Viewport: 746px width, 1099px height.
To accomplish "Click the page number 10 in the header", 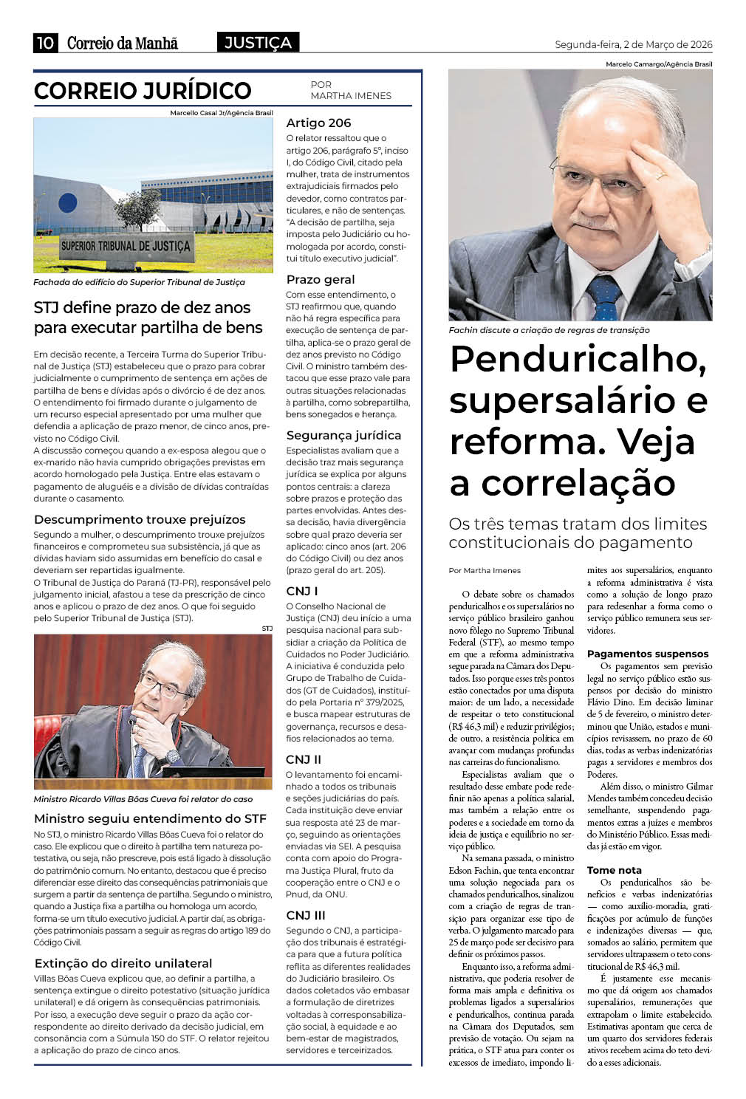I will click(x=44, y=43).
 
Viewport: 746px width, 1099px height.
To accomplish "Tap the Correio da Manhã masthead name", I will click(x=123, y=44).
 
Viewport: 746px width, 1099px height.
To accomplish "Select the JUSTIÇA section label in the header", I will click(x=258, y=43).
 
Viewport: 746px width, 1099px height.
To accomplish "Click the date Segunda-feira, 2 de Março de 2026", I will click(x=633, y=45).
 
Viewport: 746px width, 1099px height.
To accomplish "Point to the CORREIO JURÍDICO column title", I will click(x=143, y=91).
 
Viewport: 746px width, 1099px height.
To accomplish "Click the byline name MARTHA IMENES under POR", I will click(x=351, y=96).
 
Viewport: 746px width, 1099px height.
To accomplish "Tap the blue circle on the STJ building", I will click(x=68, y=202).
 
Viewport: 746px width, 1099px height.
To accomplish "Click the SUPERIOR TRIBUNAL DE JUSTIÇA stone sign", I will click(x=126, y=246).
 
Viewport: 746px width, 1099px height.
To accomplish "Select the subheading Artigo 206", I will click(x=318, y=123).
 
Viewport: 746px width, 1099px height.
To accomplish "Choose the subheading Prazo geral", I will click(x=321, y=280).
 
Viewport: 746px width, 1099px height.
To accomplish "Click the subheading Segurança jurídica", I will click(x=343, y=436).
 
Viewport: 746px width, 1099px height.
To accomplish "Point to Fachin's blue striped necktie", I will click(x=603, y=296).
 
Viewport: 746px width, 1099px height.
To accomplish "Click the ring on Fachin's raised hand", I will click(x=660, y=176).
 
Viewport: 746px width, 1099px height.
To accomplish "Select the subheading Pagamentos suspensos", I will click(x=647, y=654).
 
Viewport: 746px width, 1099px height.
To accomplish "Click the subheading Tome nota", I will click(x=614, y=871).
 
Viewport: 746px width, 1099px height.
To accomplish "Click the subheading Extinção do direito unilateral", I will click(x=123, y=964).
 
